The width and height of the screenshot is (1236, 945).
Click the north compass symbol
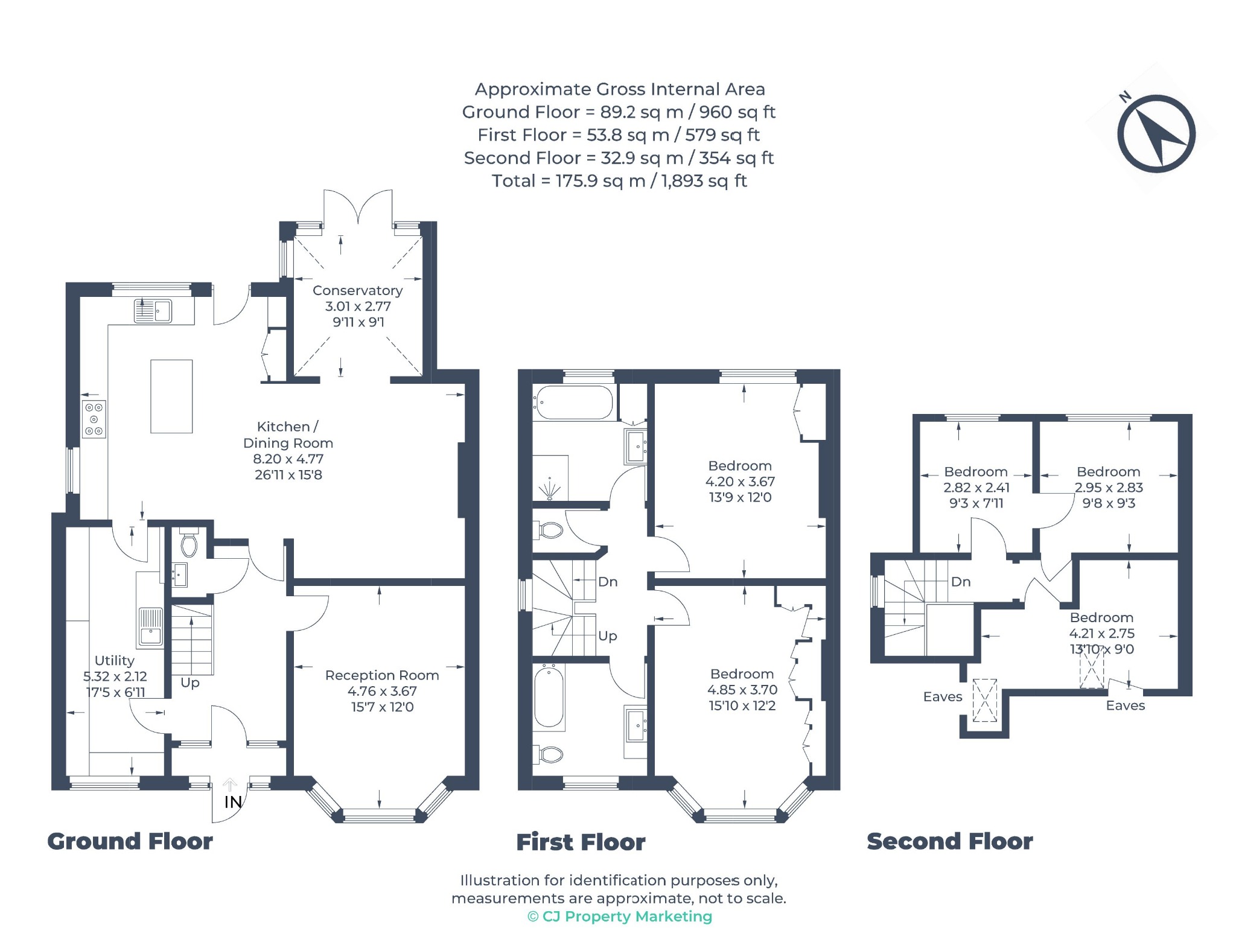pos(1156,133)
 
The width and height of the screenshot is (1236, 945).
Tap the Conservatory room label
pos(357,290)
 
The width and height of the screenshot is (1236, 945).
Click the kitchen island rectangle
pos(171,396)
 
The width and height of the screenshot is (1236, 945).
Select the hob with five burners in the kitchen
pos(94,419)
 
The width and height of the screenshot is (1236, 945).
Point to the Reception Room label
pos(382,675)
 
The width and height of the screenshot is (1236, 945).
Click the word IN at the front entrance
pos(233,802)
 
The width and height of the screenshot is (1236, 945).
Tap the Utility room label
pos(114,661)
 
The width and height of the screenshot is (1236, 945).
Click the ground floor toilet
pos(189,542)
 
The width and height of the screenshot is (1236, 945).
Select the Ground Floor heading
pos(130,841)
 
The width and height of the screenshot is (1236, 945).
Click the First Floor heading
pos(581,842)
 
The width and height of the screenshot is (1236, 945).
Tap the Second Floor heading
pos(950,841)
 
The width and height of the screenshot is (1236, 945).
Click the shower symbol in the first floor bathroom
pos(549,488)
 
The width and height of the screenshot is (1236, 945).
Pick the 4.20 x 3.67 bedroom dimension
pos(740,482)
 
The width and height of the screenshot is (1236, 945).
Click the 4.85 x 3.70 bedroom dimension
pos(742,690)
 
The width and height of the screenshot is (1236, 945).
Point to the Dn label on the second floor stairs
pos(961,582)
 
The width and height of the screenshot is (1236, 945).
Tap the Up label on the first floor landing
pos(608,636)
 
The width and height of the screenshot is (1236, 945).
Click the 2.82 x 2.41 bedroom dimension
pos(976,488)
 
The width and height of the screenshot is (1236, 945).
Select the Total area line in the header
pos(619,181)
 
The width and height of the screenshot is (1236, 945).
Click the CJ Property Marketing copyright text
pos(620,917)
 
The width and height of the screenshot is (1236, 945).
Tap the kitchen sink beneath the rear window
pos(153,311)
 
